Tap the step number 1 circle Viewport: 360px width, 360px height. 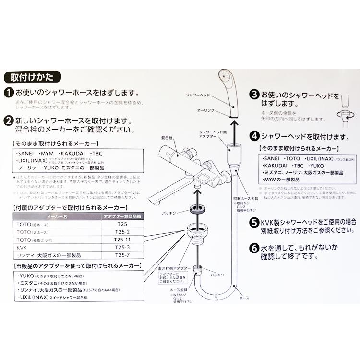(x=8, y=93)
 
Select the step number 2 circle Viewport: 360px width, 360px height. (x=8, y=120)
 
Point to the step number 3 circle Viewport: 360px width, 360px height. (x=254, y=95)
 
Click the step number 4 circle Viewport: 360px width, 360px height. (x=254, y=137)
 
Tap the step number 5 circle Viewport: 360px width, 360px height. (x=254, y=222)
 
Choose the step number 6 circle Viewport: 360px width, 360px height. (x=254, y=249)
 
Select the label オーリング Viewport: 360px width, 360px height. (x=205, y=110)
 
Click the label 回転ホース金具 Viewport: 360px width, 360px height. (x=243, y=198)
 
